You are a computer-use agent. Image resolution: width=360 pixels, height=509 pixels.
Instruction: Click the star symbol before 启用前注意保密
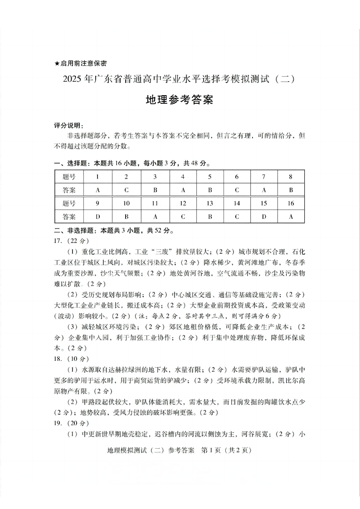pos(57,63)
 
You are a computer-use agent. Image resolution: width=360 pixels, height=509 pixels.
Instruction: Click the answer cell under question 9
pos(97,217)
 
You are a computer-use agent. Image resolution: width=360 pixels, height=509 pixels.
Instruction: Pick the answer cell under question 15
pos(264,217)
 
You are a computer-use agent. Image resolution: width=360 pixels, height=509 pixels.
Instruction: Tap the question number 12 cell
pos(183,204)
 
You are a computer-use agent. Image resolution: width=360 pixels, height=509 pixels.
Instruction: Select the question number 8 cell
pos(291,177)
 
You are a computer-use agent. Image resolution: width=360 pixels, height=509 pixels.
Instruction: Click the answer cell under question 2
pos(126,190)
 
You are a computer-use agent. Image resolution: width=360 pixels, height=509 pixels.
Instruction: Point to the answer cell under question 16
pos(291,217)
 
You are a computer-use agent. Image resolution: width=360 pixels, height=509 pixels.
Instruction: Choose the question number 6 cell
pos(237,177)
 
